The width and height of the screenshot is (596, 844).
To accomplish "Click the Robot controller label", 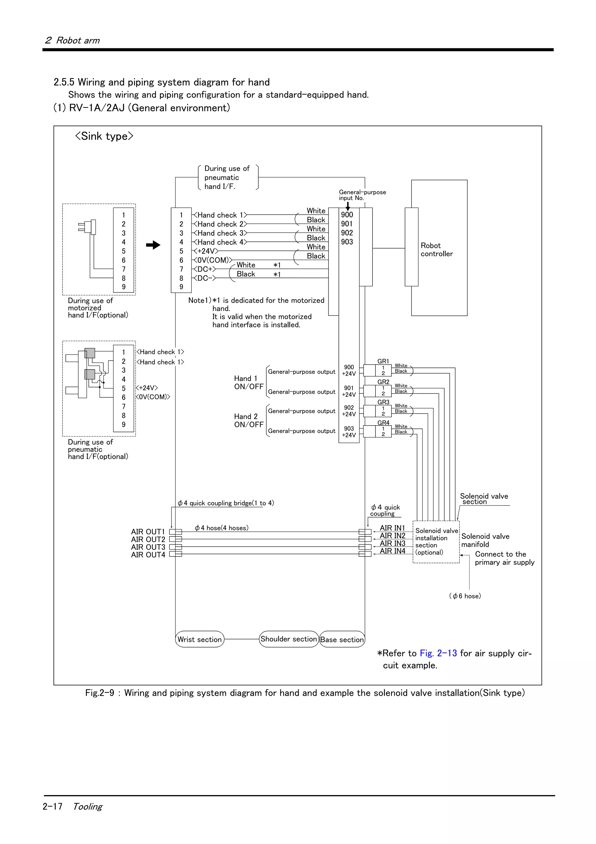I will (436, 250).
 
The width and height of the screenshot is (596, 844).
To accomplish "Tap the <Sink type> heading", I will (104, 136).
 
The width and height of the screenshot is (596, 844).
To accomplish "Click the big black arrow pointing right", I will (153, 245).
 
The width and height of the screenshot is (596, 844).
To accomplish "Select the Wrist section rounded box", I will (199, 639).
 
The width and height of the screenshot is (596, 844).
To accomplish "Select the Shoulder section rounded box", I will (288, 639).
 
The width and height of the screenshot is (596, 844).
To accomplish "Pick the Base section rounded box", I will (342, 640).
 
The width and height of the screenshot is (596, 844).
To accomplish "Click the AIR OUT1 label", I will (148, 532).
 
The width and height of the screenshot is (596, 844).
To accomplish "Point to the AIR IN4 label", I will (392, 551).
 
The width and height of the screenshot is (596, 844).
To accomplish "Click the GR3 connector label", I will (383, 402).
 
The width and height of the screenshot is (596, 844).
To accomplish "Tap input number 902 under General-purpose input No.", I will (347, 233).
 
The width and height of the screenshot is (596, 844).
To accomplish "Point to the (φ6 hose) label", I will (465, 596).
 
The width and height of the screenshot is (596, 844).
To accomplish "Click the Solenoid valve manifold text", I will (485, 540).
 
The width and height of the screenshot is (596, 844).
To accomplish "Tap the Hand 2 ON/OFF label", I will (249, 421).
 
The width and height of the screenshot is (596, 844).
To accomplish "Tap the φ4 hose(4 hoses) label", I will (221, 528).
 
